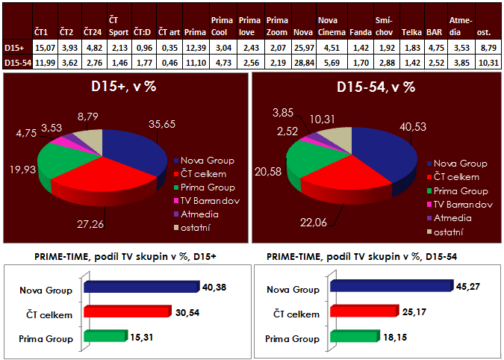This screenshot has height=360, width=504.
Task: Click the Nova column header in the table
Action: click(303, 33)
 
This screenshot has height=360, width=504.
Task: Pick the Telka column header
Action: click(410, 33)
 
